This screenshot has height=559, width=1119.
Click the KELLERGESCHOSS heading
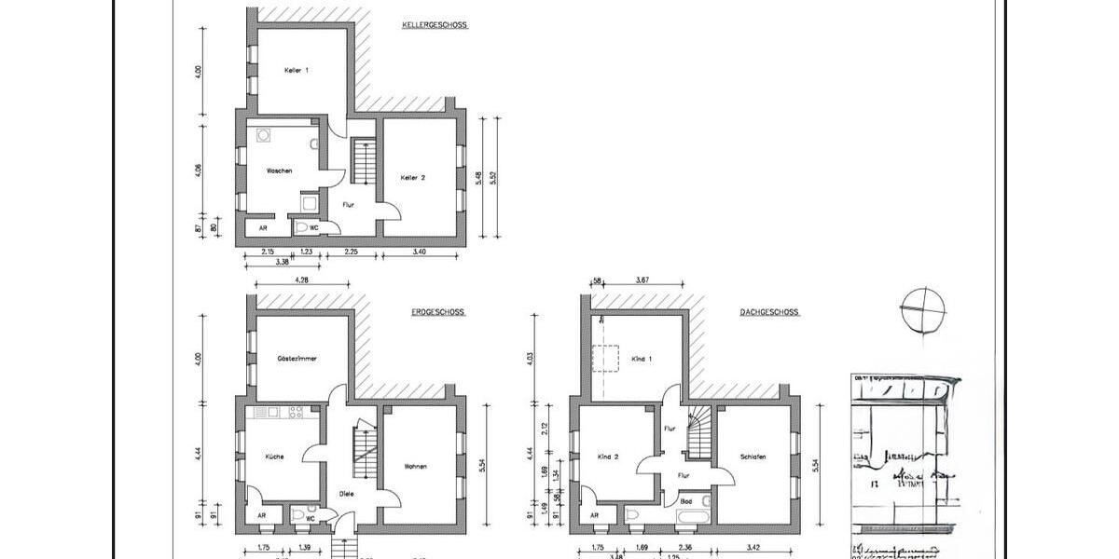point(434,25)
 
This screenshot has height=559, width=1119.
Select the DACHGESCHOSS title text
point(768,313)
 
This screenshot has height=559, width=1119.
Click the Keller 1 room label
point(297,70)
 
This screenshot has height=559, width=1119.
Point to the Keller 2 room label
point(413,178)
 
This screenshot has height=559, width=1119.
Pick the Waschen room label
point(280,170)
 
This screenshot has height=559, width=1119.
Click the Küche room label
point(274,457)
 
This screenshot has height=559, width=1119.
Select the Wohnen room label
point(416,466)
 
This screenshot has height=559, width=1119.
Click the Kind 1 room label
point(642,359)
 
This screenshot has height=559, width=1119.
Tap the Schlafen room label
point(753,457)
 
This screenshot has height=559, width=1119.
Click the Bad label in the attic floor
point(685,499)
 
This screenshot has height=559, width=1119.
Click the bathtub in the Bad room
point(694,514)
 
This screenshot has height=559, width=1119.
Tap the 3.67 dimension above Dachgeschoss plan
point(642,279)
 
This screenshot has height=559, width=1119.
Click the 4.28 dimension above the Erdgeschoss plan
point(302,279)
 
